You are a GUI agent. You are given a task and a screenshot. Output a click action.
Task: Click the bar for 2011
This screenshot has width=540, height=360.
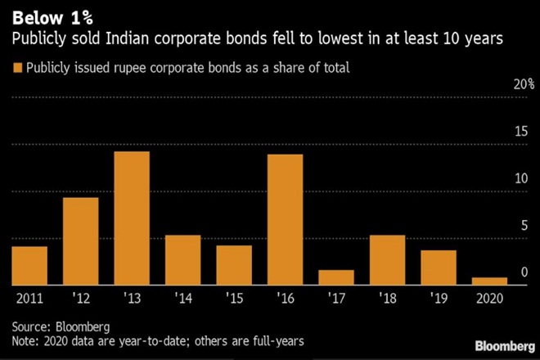click(x=29, y=265)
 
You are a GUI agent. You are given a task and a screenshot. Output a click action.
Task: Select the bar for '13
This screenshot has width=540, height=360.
click(x=132, y=218)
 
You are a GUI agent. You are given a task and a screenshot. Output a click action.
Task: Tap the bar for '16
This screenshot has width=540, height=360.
click(x=285, y=219)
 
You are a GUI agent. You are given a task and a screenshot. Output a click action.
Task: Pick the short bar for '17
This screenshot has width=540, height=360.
click(x=336, y=277)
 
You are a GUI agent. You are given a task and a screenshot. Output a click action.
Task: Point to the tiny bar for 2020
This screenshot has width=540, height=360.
click(x=490, y=281)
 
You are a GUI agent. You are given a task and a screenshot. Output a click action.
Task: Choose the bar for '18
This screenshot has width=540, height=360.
click(x=388, y=260)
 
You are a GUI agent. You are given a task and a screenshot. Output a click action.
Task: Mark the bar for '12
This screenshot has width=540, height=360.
click(x=80, y=241)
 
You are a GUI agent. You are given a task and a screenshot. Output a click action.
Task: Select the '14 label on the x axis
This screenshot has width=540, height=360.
click(x=182, y=298)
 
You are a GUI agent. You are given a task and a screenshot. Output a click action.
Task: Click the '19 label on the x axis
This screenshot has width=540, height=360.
click(x=439, y=298)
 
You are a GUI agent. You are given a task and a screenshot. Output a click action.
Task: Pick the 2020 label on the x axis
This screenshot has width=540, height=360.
click(x=491, y=298)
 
